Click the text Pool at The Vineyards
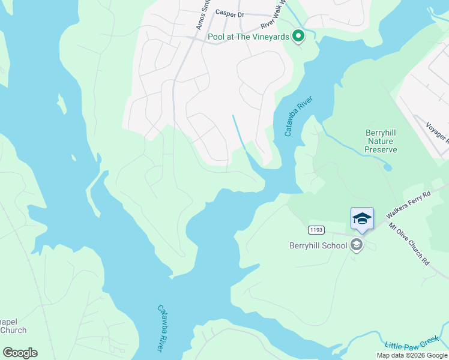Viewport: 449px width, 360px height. point(249,37)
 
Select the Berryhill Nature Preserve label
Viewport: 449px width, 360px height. point(381,140)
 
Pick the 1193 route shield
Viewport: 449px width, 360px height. point(317,230)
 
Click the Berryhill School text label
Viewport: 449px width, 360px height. point(318,245)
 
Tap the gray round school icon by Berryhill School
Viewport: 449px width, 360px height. point(357,245)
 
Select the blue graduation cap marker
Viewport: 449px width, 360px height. point(362,219)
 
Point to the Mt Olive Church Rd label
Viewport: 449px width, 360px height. point(408,244)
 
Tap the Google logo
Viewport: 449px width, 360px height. point(20,353)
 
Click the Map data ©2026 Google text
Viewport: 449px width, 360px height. point(412,355)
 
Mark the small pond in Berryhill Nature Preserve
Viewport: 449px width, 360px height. point(388,165)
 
